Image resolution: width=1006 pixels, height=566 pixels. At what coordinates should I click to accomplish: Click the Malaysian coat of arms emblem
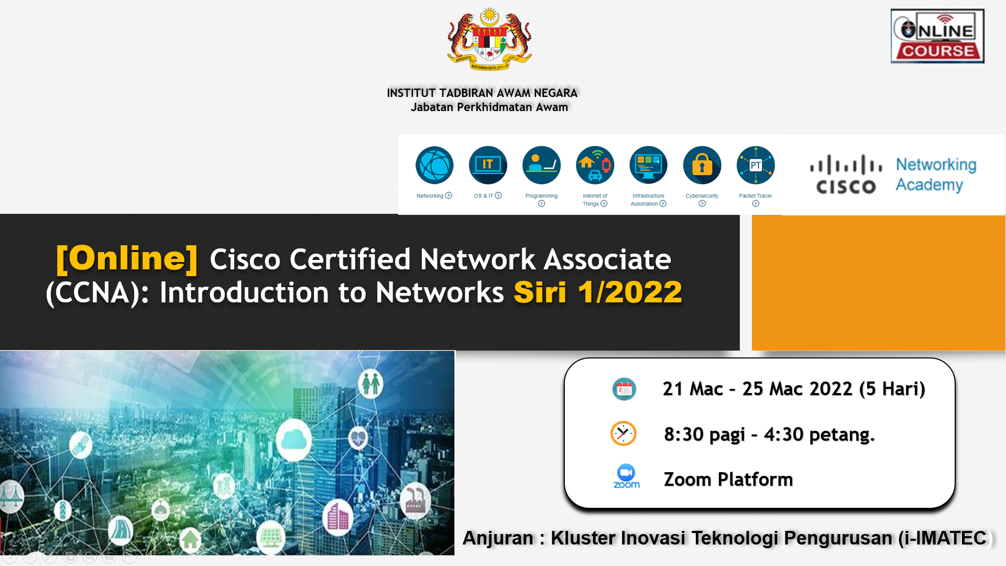[489, 39]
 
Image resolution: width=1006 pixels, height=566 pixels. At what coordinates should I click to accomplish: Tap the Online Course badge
[937, 36]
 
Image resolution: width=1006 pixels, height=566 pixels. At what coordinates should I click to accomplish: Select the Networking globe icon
[434, 165]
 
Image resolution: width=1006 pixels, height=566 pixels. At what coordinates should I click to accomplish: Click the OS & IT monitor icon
[488, 165]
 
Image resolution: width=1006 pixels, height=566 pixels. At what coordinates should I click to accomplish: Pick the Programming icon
[541, 165]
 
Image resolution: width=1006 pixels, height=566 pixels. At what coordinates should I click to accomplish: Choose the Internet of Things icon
[595, 165]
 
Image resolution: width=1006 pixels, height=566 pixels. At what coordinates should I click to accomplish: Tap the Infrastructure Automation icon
[648, 165]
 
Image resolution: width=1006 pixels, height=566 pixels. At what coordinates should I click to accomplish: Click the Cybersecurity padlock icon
[702, 165]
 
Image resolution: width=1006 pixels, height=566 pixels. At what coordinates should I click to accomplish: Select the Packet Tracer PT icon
[756, 165]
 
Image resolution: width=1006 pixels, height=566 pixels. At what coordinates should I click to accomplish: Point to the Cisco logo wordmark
[846, 175]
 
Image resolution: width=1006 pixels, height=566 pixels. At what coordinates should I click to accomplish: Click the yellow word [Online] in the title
[127, 258]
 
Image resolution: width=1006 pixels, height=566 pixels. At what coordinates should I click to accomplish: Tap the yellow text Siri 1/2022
[598, 292]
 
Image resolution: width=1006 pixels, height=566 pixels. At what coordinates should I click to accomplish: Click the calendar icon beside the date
[624, 389]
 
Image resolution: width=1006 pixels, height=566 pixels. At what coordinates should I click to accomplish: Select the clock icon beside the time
[624, 433]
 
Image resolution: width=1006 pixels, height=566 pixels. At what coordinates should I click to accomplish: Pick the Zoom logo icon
[626, 476]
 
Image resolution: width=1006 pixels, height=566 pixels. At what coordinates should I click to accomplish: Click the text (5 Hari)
[892, 389]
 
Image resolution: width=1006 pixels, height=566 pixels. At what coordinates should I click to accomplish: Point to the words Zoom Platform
[728, 480]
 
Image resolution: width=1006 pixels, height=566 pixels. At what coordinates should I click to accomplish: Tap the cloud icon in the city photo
[294, 439]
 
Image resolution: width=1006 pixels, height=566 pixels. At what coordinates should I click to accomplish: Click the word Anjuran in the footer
[498, 538]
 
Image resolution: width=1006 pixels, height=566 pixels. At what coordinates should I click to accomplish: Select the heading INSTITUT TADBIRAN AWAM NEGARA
[482, 93]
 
